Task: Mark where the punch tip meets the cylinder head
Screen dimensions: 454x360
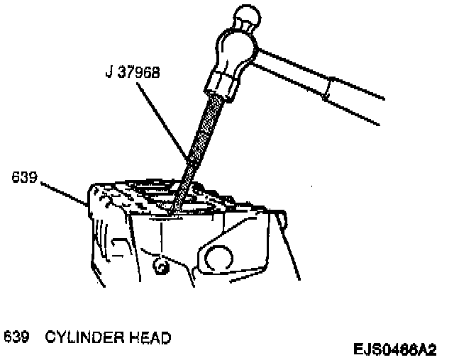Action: (x=172, y=210)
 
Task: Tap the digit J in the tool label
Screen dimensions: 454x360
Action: (x=108, y=72)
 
